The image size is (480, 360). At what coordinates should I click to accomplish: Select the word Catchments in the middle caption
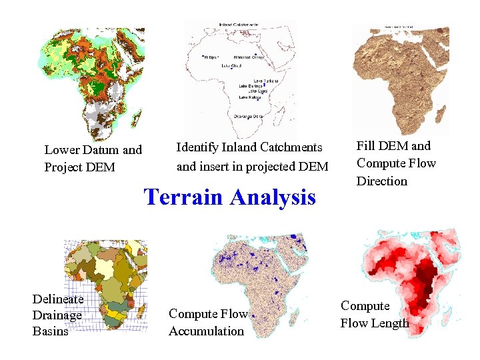pos(291,147)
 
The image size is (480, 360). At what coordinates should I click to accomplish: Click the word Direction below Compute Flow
pos(381,181)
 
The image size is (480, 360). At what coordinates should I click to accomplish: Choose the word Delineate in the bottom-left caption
pos(58,299)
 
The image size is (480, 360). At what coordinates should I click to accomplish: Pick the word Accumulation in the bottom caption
pos(207,331)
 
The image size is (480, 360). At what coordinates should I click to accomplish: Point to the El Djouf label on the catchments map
pos(213,57)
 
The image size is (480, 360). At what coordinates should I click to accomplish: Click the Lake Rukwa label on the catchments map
pos(250,98)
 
